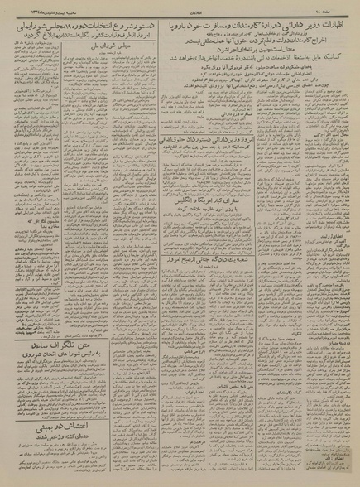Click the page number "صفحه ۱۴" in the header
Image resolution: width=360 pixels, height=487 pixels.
[331, 6]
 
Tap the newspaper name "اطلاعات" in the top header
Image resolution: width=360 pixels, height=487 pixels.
[181, 6]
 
